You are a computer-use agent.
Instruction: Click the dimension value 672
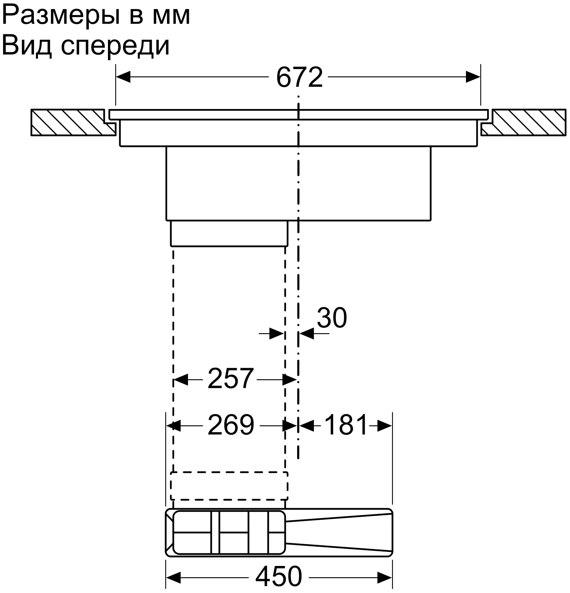click(x=299, y=77)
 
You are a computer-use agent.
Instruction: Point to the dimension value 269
click(x=231, y=425)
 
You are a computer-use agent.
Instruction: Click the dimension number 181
click(x=346, y=425)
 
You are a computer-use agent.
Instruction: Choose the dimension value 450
click(x=279, y=576)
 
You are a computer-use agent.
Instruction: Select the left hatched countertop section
click(x=73, y=122)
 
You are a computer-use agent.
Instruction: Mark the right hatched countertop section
click(x=523, y=122)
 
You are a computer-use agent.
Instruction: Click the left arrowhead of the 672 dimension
click(x=123, y=77)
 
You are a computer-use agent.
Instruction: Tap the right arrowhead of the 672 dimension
click(x=473, y=77)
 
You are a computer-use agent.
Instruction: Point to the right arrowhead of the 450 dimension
click(x=385, y=576)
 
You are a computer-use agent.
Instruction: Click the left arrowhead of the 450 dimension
click(x=173, y=576)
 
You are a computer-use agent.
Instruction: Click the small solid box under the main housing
click(x=229, y=233)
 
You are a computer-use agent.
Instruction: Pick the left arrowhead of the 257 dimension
click(x=181, y=380)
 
